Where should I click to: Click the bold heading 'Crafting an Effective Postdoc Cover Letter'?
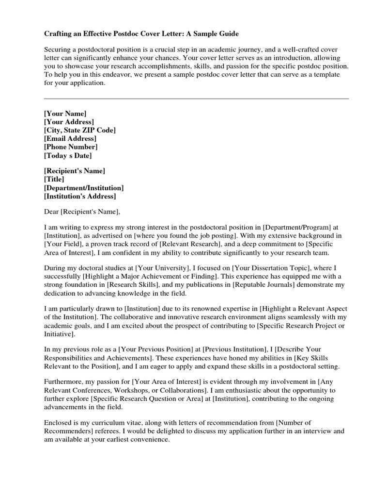coord(141,34)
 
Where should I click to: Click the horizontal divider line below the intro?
coord(196,99)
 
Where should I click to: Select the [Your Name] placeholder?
coord(65,113)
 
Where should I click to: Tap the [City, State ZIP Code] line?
coord(80,130)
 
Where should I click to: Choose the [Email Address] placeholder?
coord(70,138)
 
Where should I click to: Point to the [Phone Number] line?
coord(71,147)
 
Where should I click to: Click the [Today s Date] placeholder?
coord(68,155)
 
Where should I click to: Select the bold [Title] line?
coord(54,179)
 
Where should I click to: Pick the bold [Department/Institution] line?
coord(84,187)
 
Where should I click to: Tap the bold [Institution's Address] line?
coord(80,196)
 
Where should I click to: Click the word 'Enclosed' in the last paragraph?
coord(58,422)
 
